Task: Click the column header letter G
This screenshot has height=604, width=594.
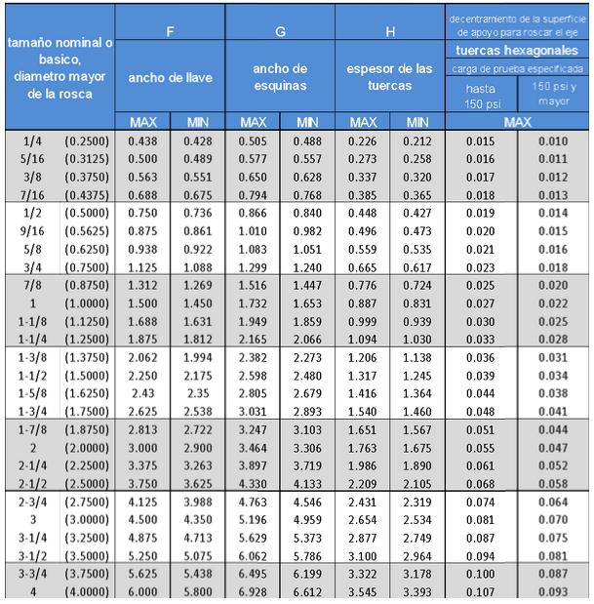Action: pyautogui.click(x=280, y=32)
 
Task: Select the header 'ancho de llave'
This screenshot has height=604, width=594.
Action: pyautogui.click(x=171, y=77)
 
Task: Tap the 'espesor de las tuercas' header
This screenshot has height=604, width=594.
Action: pyautogui.click(x=390, y=77)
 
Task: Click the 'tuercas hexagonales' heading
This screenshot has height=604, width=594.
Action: pyautogui.click(x=518, y=50)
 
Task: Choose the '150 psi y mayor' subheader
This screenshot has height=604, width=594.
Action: pyautogui.click(x=553, y=94)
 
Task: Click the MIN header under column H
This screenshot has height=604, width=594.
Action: pyautogui.click(x=417, y=122)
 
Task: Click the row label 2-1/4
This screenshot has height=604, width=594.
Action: pyautogui.click(x=31, y=465)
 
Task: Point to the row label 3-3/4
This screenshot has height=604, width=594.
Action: pyautogui.click(x=31, y=574)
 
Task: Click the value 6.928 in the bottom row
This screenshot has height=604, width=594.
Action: pyautogui.click(x=253, y=591)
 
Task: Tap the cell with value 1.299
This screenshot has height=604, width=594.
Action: pyautogui.click(x=253, y=266)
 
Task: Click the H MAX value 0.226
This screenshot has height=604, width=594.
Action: pyautogui.click(x=363, y=141)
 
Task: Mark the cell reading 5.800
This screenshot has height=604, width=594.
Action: pyautogui.click(x=198, y=591)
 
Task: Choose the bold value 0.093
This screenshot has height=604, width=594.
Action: pyautogui.click(x=553, y=591)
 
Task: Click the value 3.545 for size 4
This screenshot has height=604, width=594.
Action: pyautogui.click(x=363, y=591)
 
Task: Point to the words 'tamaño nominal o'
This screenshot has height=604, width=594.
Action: pyautogui.click(x=59, y=44)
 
